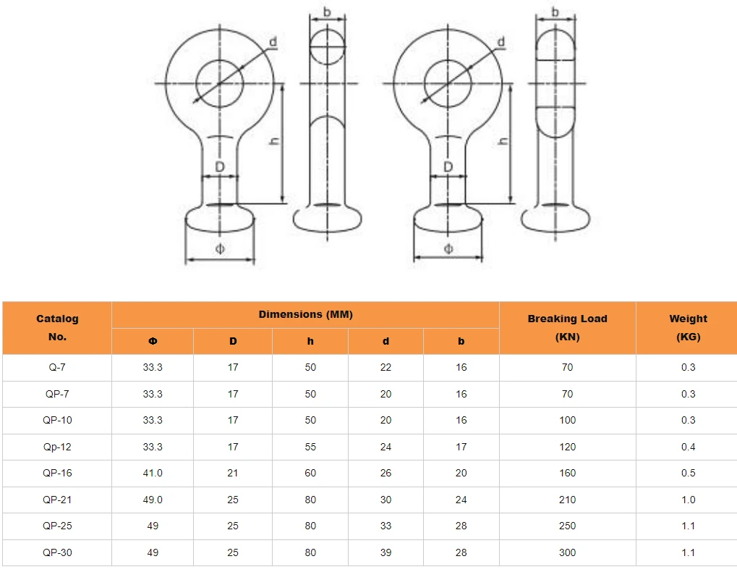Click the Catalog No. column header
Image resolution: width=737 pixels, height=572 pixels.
click(x=57, y=327)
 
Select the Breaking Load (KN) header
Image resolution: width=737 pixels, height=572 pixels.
click(x=567, y=327)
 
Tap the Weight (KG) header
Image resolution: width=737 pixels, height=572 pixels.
click(x=688, y=327)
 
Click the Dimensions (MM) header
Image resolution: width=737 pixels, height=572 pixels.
click(x=305, y=314)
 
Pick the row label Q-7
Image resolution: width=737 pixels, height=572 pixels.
click(x=57, y=367)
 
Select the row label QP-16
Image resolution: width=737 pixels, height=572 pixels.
click(x=57, y=474)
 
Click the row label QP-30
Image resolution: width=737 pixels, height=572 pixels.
click(x=57, y=552)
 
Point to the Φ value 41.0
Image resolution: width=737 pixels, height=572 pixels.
click(x=153, y=474)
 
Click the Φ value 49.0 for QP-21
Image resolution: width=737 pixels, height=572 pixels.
click(x=153, y=500)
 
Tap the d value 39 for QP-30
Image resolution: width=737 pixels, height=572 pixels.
click(x=386, y=552)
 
